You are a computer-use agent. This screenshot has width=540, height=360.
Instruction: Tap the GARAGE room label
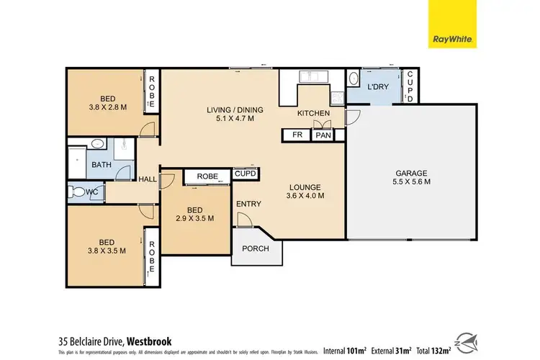(x=411, y=173)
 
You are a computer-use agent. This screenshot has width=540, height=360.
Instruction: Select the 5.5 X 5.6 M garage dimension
(x=411, y=183)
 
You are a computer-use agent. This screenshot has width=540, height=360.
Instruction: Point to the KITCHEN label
(x=313, y=114)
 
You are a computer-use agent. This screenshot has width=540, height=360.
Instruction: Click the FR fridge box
(x=295, y=135)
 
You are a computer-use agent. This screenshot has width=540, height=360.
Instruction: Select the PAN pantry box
(x=322, y=135)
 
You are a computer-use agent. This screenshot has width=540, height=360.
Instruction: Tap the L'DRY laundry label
(x=378, y=87)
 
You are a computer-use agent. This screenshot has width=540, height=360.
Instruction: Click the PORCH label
(x=256, y=249)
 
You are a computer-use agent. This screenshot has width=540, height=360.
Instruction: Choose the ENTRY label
(x=248, y=204)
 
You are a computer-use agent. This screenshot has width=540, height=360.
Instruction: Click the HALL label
(x=148, y=180)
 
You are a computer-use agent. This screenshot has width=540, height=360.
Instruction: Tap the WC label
(x=92, y=192)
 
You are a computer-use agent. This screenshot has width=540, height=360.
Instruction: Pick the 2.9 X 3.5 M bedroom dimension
(x=194, y=219)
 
